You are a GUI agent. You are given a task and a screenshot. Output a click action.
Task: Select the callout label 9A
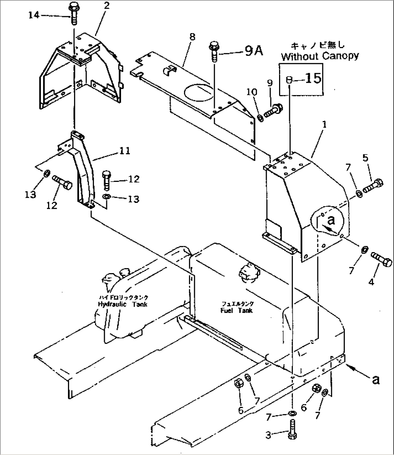[x=254, y=52]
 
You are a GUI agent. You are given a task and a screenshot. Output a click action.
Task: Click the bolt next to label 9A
[x=213, y=52]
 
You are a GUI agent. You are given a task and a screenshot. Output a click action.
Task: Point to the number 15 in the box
[x=313, y=78]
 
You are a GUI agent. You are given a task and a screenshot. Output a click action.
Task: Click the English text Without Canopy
[x=320, y=56]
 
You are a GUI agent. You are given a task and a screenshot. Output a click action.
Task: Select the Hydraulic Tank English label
[x=123, y=304]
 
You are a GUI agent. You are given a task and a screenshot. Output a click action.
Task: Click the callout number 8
[x=192, y=37]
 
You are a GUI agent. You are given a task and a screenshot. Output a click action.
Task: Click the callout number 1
[x=324, y=124]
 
